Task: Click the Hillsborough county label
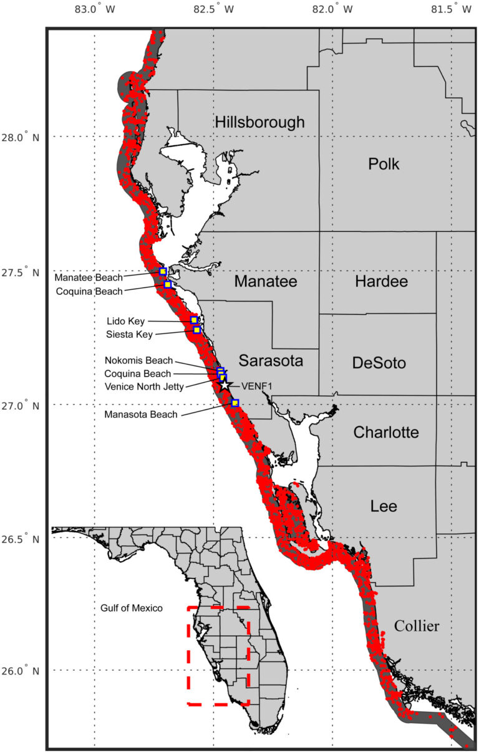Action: coord(259,122)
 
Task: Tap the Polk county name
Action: coord(384,165)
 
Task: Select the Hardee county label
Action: coord(381,282)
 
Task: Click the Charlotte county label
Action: coord(386,433)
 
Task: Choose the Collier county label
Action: coord(417,626)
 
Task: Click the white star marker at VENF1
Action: coord(225,385)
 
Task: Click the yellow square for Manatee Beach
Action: coord(163,271)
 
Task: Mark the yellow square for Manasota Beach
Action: coord(235,403)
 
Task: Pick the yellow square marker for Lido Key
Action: coord(194,320)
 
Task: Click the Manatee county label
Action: coord(265,282)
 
